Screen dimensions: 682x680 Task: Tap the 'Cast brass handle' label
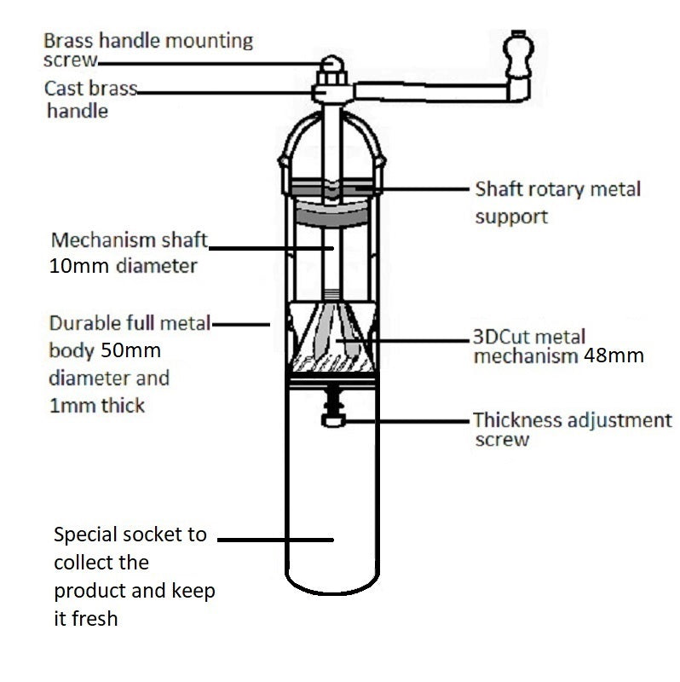coord(89,99)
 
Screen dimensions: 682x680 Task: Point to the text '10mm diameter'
coord(124,265)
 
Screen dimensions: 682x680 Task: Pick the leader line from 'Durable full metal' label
coord(242,323)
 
